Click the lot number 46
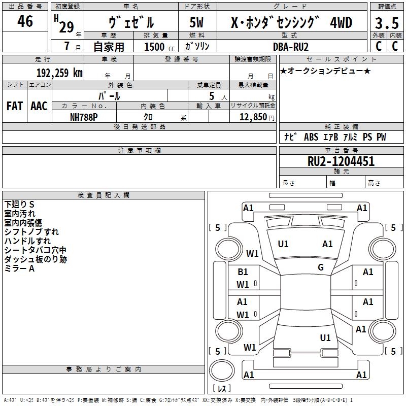25,22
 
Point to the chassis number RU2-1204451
341,161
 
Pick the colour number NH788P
84,116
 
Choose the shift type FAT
14,106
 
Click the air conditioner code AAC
39,106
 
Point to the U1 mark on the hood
283,244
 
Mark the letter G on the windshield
321,267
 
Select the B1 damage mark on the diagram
243,272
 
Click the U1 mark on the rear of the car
325,338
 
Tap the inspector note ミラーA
19,268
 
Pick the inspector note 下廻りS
19,205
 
